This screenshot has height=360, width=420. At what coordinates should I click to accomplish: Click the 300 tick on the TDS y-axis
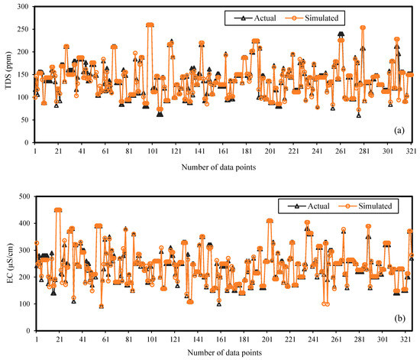pyautogui.click(x=23, y=7)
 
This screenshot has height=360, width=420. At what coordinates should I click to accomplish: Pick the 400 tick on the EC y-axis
pyautogui.click(x=23, y=223)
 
